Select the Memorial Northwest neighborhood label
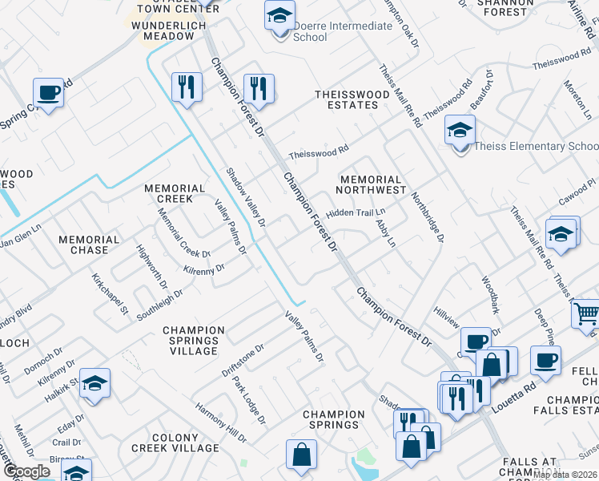click(370, 185)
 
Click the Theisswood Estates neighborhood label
click(346, 99)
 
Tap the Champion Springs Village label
click(194, 341)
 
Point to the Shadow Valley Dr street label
click(245, 196)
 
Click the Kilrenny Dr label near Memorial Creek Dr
click(203, 270)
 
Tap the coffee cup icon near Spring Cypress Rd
click(48, 93)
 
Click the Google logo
click(26, 471)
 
